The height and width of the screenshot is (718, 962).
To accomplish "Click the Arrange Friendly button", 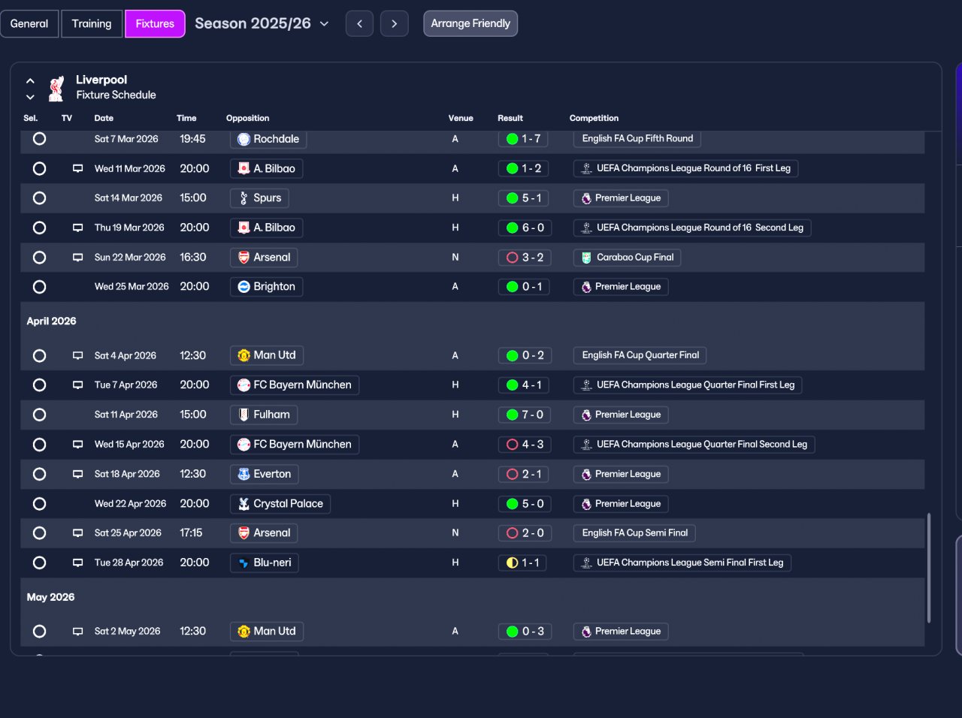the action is click(470, 23).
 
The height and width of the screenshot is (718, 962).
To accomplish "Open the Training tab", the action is click(92, 23).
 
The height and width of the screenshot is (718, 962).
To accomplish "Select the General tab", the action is click(29, 23).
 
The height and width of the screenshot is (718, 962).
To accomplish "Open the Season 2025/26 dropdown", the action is click(262, 23).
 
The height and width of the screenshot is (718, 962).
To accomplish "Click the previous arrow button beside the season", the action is click(359, 23).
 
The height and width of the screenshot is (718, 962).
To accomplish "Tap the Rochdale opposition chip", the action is click(268, 139).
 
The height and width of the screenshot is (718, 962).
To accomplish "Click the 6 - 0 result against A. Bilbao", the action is click(525, 228).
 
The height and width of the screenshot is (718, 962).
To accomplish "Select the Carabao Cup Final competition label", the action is click(627, 258).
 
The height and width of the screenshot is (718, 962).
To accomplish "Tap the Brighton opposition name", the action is click(274, 287).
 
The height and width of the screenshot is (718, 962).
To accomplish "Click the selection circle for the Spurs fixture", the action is click(39, 198).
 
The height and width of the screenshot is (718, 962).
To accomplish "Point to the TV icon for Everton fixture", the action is click(77, 474).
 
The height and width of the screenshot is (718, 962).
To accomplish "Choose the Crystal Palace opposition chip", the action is click(280, 504).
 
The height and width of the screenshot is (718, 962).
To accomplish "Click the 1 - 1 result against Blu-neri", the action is click(522, 563).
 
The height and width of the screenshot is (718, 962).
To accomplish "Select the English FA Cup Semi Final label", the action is click(634, 533).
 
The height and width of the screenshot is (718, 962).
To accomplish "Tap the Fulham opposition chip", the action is click(263, 415).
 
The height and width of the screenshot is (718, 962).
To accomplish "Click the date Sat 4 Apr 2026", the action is click(126, 356).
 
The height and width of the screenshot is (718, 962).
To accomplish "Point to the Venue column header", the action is click(461, 118).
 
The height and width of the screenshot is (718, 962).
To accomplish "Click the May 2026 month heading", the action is click(50, 597).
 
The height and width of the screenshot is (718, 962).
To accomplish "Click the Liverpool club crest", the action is click(56, 89).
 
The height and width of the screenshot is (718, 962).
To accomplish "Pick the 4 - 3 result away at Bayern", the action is click(525, 445).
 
